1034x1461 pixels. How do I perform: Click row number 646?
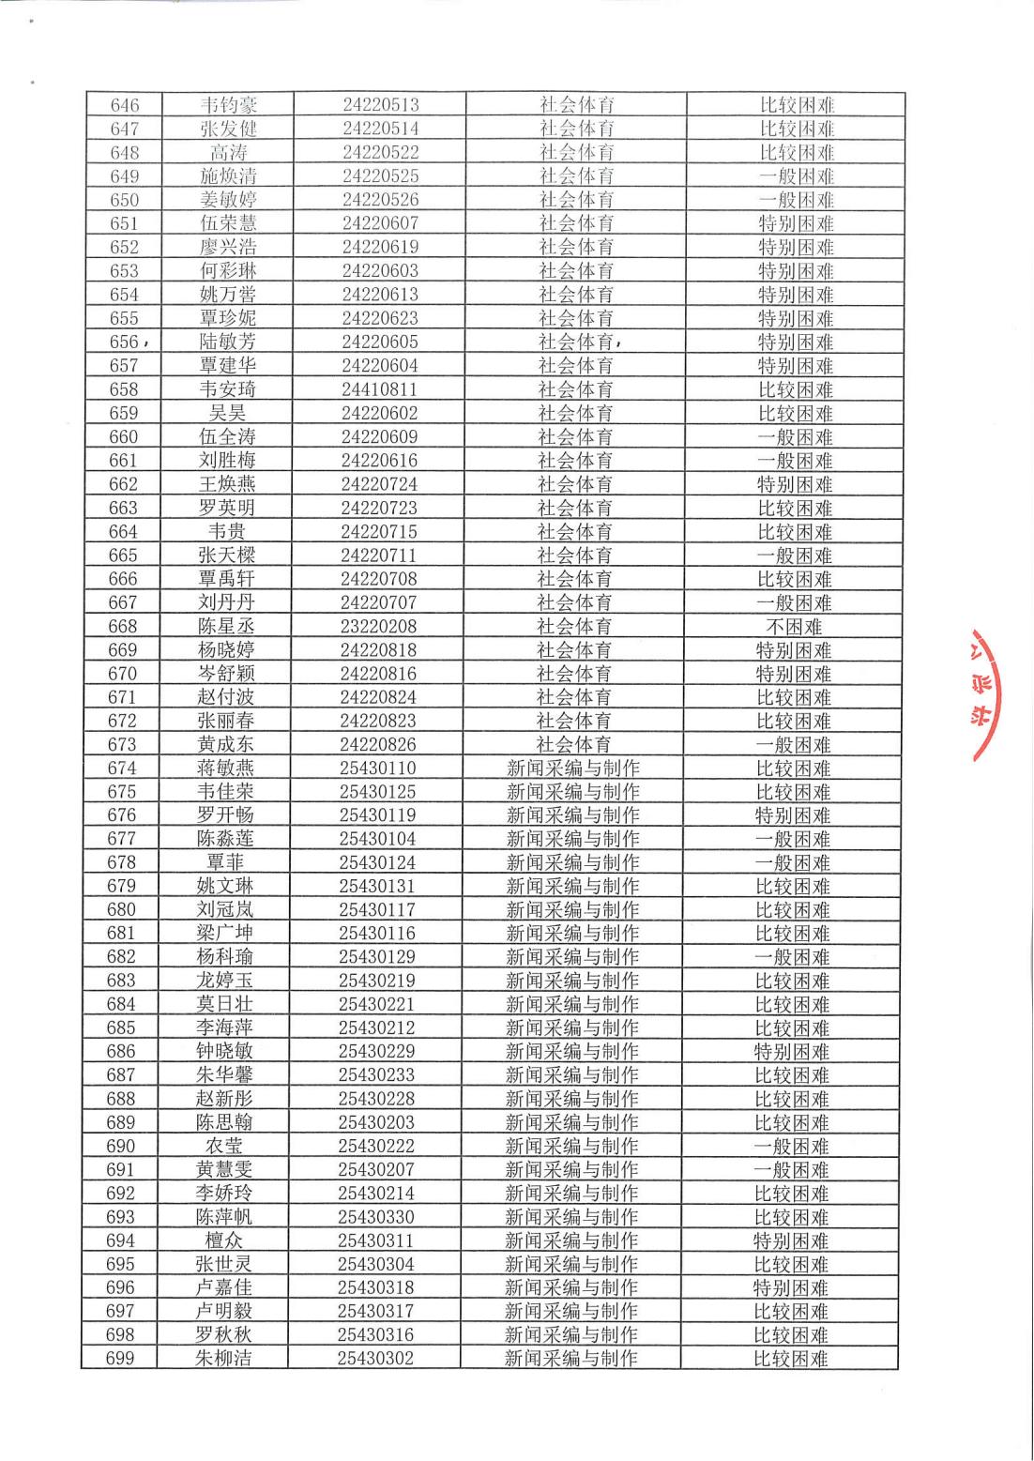click(124, 105)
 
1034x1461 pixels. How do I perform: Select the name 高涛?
click(228, 152)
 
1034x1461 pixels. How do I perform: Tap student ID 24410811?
click(379, 388)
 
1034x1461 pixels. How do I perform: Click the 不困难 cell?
click(794, 626)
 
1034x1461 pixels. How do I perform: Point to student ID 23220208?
click(378, 626)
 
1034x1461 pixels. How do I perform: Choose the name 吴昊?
click(226, 413)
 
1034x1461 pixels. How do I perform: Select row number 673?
click(122, 744)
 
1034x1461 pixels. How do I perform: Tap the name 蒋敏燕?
click(225, 768)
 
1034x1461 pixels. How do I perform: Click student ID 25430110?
click(377, 768)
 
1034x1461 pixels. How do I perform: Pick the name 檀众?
click(223, 1240)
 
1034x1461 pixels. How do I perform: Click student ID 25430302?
click(375, 1358)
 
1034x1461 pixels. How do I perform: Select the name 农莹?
click(224, 1146)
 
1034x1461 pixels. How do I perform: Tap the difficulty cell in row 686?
click(792, 1051)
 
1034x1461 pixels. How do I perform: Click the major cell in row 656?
click(576, 342)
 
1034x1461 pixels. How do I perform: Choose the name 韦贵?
click(226, 531)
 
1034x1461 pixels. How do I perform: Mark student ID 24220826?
click(378, 744)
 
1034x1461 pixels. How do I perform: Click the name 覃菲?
click(225, 862)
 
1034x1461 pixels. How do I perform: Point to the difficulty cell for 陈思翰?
click(792, 1122)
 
